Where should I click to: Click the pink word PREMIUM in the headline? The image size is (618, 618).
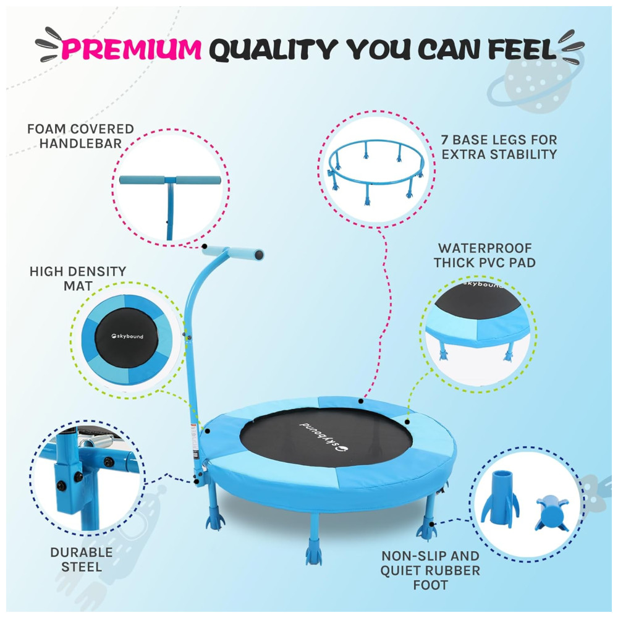131,49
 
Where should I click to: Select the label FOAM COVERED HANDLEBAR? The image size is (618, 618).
80,136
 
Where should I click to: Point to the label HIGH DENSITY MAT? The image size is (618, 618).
78,279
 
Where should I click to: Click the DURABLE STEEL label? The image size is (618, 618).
82,560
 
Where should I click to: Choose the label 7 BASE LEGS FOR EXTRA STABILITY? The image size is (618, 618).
499,147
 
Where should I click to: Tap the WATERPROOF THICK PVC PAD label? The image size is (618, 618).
485,255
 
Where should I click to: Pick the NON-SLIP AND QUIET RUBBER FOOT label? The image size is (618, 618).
430,570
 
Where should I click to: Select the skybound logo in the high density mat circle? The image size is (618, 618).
127,336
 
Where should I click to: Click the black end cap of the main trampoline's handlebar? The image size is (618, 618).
259,255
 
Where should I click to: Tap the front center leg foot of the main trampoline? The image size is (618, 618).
314,554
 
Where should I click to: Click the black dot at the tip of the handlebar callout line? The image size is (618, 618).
205,247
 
